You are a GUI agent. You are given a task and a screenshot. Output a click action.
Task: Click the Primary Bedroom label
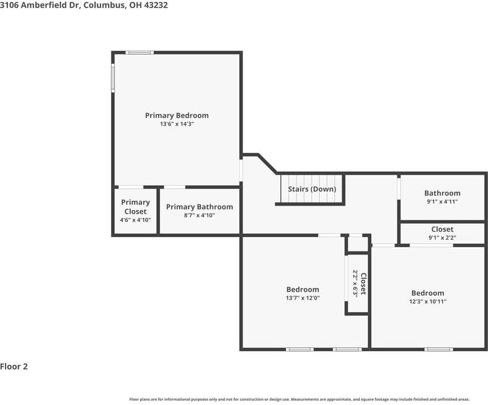click(x=177, y=115)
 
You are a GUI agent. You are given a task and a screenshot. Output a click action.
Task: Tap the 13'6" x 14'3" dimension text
click(x=177, y=124)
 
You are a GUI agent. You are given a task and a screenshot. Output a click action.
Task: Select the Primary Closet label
click(x=135, y=207)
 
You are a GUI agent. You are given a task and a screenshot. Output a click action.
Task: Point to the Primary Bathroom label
click(x=200, y=207)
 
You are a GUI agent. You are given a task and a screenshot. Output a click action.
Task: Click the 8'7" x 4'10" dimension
click(x=200, y=216)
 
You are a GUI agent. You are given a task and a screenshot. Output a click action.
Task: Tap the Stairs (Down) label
click(x=312, y=189)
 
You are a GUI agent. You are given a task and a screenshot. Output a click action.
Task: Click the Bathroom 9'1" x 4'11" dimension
click(x=442, y=202)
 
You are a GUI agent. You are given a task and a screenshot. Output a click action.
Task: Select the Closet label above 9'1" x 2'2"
click(x=442, y=229)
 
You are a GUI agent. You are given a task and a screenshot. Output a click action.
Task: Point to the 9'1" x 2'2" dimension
click(x=442, y=237)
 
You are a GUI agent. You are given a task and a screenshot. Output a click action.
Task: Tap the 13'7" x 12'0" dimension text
click(x=303, y=298)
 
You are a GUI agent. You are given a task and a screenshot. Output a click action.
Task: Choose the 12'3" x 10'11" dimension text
click(x=428, y=302)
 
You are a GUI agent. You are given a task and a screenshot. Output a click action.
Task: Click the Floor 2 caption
click(x=14, y=366)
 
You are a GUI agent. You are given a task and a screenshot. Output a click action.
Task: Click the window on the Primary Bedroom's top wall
click(x=140, y=53)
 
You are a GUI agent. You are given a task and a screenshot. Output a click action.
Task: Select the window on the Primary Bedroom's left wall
click(x=113, y=79)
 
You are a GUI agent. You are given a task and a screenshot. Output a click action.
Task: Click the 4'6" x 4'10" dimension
click(x=135, y=220)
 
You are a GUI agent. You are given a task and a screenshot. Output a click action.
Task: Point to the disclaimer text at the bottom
click(x=299, y=399)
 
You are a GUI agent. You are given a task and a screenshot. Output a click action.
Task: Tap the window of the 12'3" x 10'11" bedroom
click(x=438, y=349)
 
